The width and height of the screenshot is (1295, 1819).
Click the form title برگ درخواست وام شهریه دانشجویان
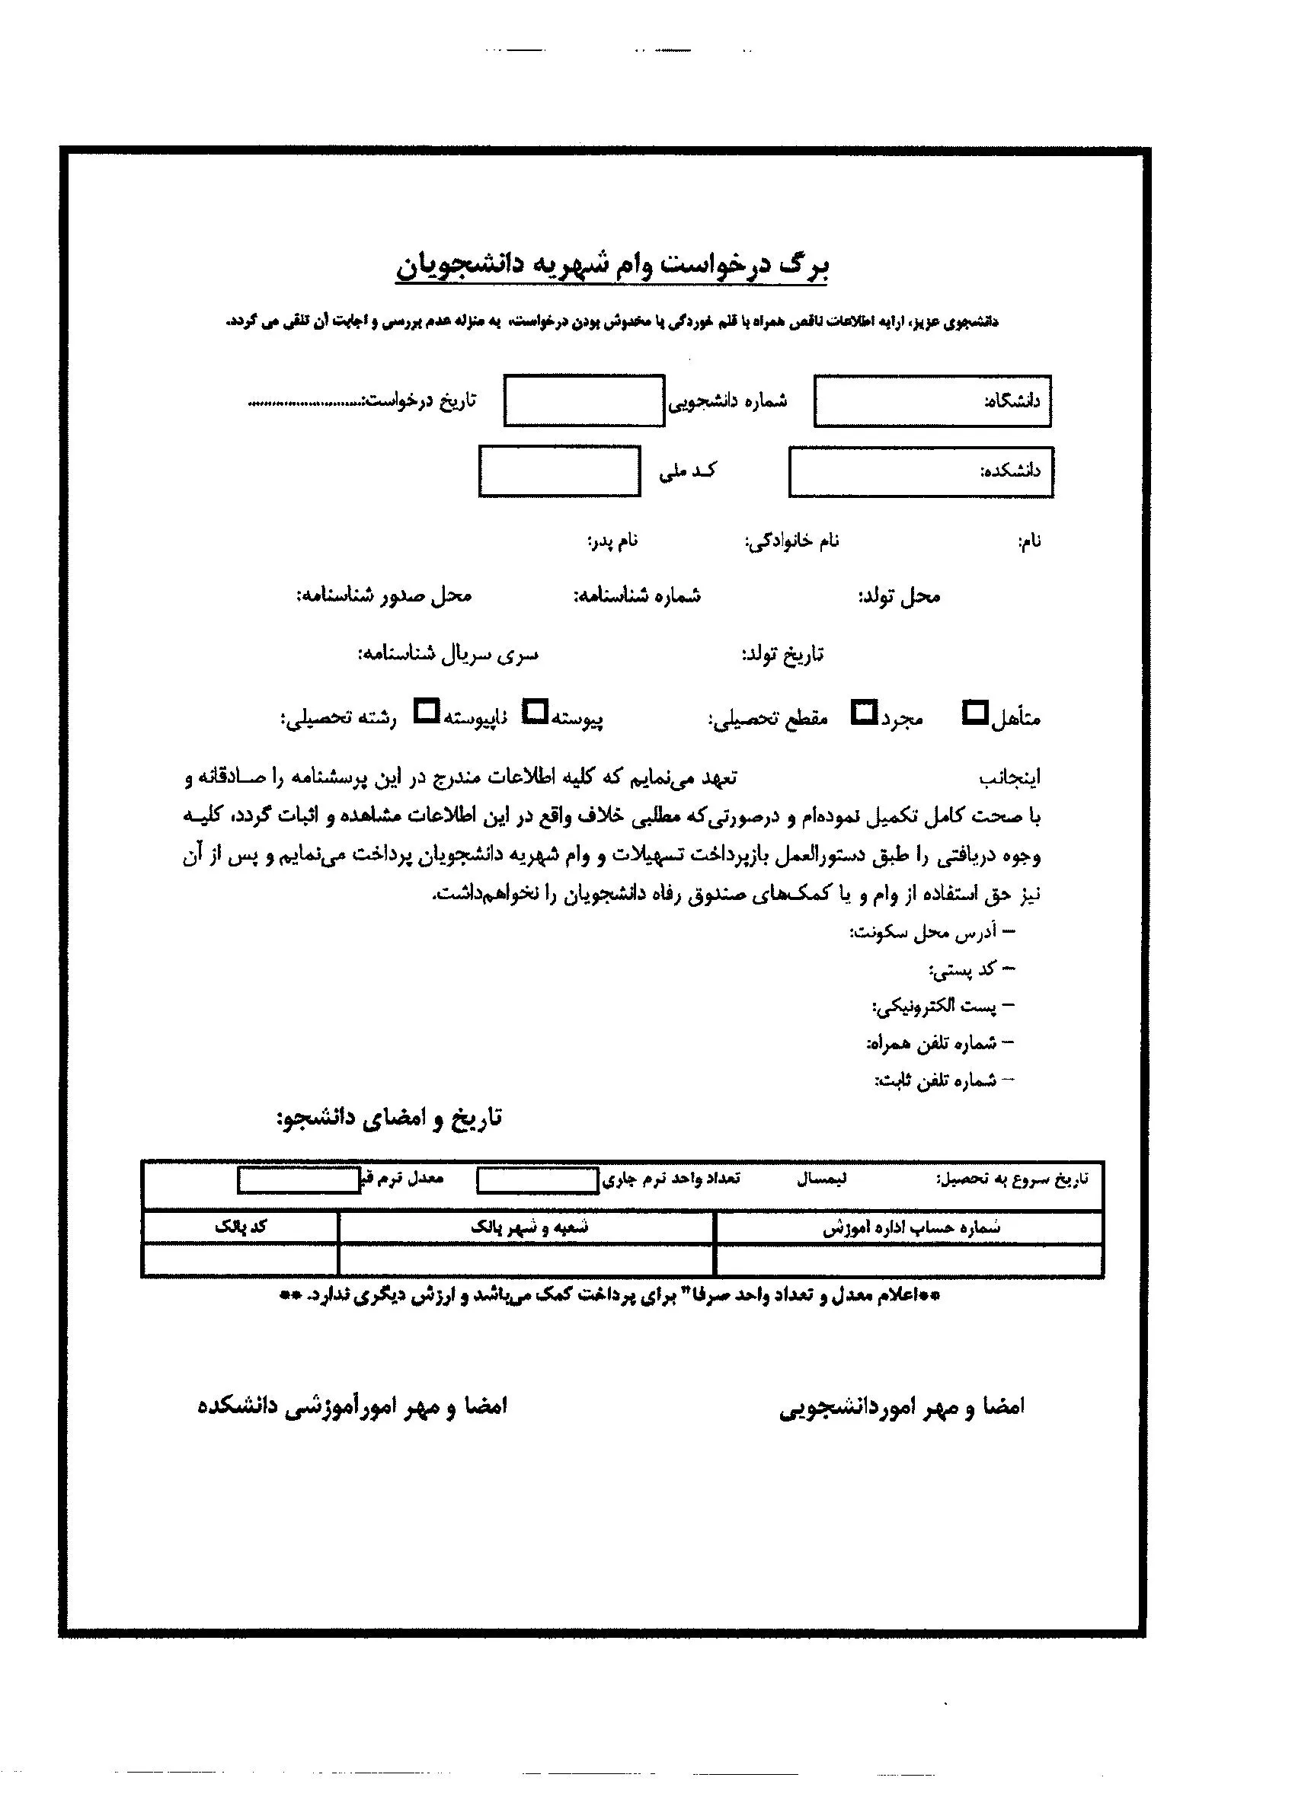(x=612, y=266)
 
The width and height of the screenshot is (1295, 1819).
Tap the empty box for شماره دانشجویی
(x=584, y=400)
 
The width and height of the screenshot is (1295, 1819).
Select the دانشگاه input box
(x=932, y=401)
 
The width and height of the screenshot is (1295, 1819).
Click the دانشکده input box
(x=920, y=472)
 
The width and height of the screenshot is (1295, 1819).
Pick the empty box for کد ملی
(x=559, y=471)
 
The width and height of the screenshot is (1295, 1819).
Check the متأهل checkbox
(x=974, y=713)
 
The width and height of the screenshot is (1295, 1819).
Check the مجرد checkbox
(x=863, y=712)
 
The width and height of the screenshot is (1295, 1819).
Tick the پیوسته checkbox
(x=534, y=711)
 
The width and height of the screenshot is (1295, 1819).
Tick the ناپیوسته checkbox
(x=427, y=711)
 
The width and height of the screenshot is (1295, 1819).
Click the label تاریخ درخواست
(x=420, y=399)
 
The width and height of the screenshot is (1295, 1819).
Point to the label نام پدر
(x=612, y=542)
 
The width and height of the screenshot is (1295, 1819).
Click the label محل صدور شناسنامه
(x=385, y=596)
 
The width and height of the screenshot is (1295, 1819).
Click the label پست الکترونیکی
(x=935, y=1007)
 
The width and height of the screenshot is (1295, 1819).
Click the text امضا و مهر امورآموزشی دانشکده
(x=352, y=1406)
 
